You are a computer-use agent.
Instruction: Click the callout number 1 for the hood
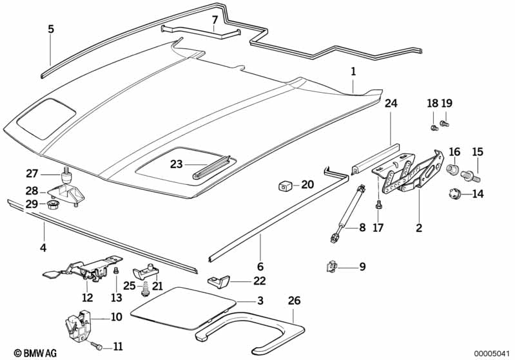point(353,71)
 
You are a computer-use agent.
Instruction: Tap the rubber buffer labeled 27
point(65,175)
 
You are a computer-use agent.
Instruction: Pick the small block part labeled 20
point(284,186)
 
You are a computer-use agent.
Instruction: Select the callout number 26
point(295,301)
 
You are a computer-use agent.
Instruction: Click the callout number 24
point(391,103)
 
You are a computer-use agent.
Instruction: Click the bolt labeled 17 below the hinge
point(379,204)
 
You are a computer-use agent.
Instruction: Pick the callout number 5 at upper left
point(51,29)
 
